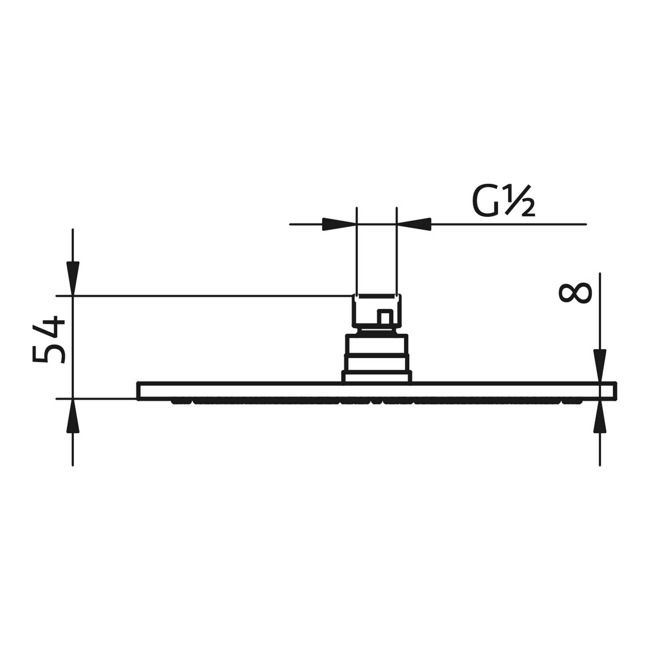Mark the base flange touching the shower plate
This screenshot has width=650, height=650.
point(377,377)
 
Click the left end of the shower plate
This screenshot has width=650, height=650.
point(141,391)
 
